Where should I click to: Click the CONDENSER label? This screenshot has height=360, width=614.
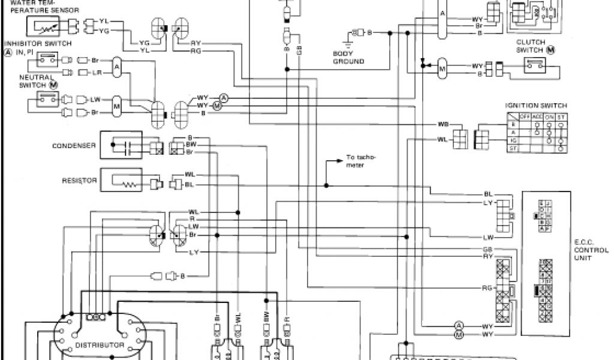[74, 145]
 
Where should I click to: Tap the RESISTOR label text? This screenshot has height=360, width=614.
[79, 179]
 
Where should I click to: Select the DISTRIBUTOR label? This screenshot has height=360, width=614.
[100, 346]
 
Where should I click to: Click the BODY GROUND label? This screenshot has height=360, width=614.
[348, 58]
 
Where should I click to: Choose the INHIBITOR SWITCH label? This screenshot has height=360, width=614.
[38, 44]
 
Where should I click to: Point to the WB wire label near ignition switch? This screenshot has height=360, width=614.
[443, 124]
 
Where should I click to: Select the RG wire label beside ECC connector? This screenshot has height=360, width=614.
[487, 287]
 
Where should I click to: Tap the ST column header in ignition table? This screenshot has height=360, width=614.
[560, 116]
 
